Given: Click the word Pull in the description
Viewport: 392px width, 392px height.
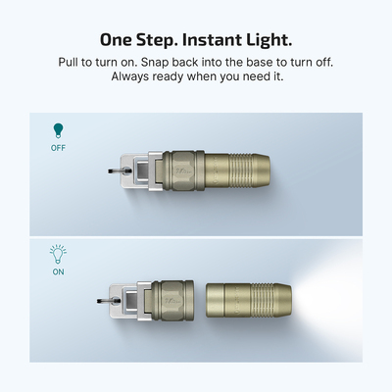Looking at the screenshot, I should (x=73, y=63).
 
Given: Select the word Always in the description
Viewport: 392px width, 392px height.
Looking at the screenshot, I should (x=127, y=77).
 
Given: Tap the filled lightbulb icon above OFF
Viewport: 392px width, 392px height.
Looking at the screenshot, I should (x=58, y=129).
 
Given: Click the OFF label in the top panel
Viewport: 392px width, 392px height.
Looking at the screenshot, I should (x=58, y=148).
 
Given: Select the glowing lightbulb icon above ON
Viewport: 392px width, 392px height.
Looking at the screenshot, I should (x=58, y=253).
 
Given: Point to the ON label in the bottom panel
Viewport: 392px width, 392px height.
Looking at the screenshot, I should (x=58, y=271).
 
